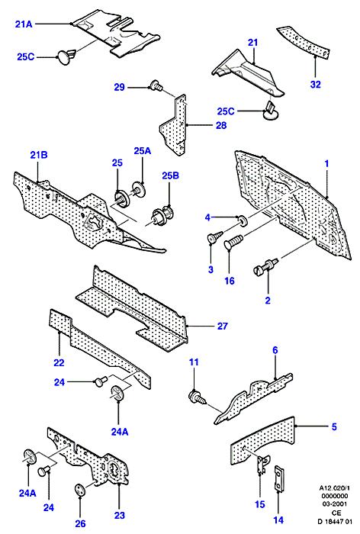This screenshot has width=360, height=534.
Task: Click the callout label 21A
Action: (24, 24)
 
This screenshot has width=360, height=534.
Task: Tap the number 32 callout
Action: (316, 84)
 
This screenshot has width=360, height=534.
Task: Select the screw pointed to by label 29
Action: (156, 85)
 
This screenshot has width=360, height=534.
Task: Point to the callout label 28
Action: (221, 125)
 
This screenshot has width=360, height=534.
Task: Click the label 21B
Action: (38, 155)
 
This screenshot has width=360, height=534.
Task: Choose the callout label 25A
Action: (143, 150)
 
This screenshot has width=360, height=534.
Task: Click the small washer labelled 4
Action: (243, 220)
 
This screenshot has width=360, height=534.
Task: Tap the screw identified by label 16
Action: (233, 241)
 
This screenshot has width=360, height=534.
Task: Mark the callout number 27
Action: (222, 326)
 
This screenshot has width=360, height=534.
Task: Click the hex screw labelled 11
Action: (197, 397)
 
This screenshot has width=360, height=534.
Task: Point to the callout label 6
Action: (275, 349)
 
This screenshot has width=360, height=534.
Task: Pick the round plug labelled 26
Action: (80, 489)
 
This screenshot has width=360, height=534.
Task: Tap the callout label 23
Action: (119, 515)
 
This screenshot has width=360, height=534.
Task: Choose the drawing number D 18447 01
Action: (334, 521)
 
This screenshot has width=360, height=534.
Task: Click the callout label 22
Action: (59, 362)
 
